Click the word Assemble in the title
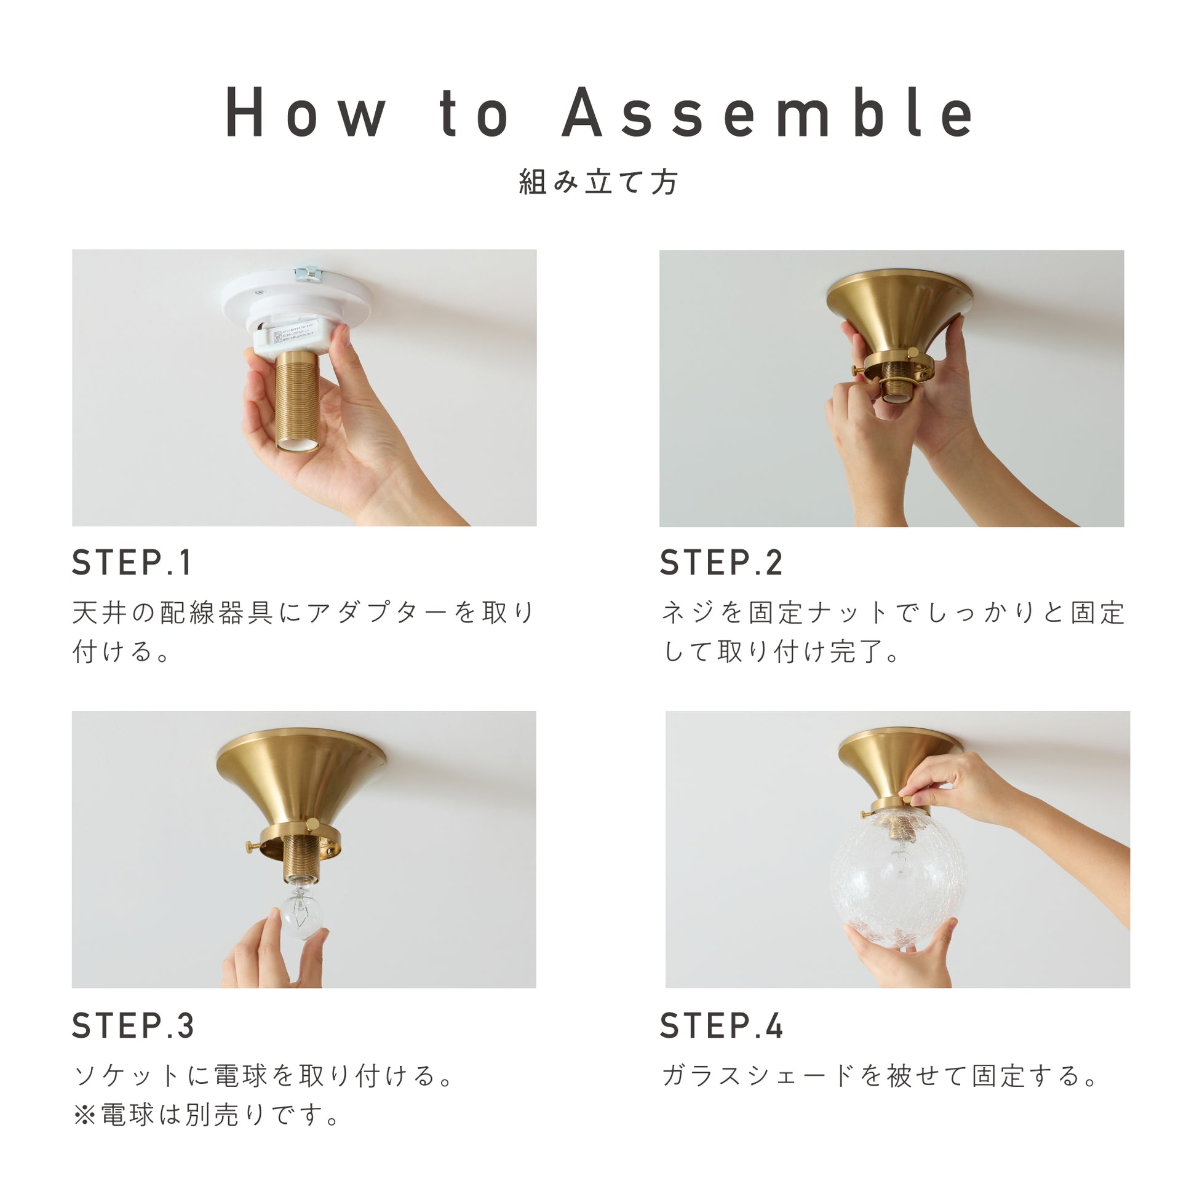(x=768, y=112)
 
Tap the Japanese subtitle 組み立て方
(x=598, y=182)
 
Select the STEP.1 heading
(x=132, y=563)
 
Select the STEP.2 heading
(x=721, y=563)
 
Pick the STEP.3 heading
(x=133, y=1025)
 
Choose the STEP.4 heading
(x=721, y=1025)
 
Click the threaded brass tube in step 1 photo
(x=297, y=400)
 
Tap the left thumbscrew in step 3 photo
(x=253, y=845)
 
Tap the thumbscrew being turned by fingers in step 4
(x=907, y=800)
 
